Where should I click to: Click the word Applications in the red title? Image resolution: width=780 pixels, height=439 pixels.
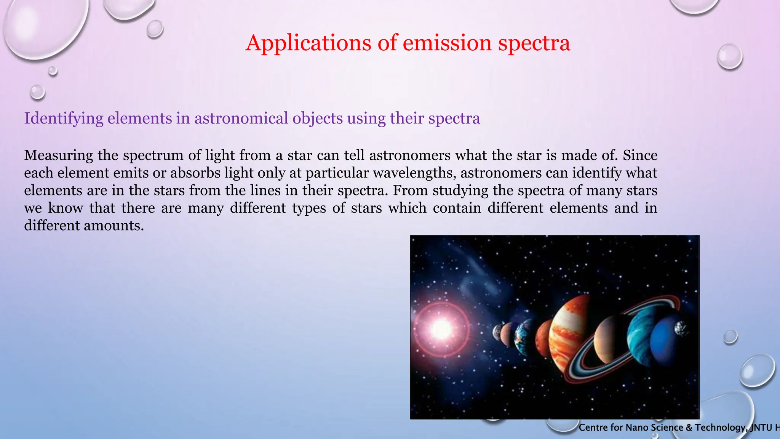[x=308, y=43]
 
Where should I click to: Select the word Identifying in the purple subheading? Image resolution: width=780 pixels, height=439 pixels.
[x=64, y=119]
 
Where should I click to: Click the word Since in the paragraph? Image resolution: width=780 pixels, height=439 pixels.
[x=640, y=155]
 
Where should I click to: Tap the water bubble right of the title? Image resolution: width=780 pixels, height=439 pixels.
[x=729, y=56]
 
